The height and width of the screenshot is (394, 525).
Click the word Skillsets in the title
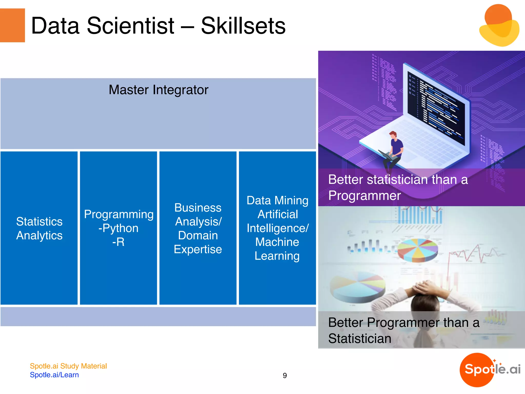pos(243,26)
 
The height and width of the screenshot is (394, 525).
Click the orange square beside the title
pos(12,25)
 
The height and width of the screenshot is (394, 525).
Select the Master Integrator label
pos(158,90)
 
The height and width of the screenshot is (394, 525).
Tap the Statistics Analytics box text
pos(39,228)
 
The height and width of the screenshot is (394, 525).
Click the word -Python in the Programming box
pos(118,228)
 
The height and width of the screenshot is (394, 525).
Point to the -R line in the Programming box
pos(118,242)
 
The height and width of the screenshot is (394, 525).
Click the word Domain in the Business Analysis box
pos(198,235)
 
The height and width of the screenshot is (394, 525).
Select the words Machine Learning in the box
pos(277,249)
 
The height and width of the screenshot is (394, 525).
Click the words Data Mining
pos(277,200)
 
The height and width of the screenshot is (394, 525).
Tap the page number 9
pos(285,376)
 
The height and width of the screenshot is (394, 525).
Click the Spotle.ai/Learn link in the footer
pos(54,375)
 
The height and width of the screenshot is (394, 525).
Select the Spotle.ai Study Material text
pos(68,366)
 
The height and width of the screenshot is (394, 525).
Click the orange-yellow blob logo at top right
pos(499,26)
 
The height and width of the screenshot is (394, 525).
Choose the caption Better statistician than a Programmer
pos(398,187)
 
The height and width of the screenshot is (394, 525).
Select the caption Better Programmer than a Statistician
pos(404,330)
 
